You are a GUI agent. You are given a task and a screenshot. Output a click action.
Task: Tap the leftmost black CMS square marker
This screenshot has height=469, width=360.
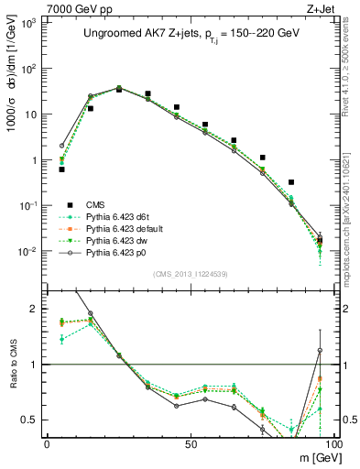[61, 169]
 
